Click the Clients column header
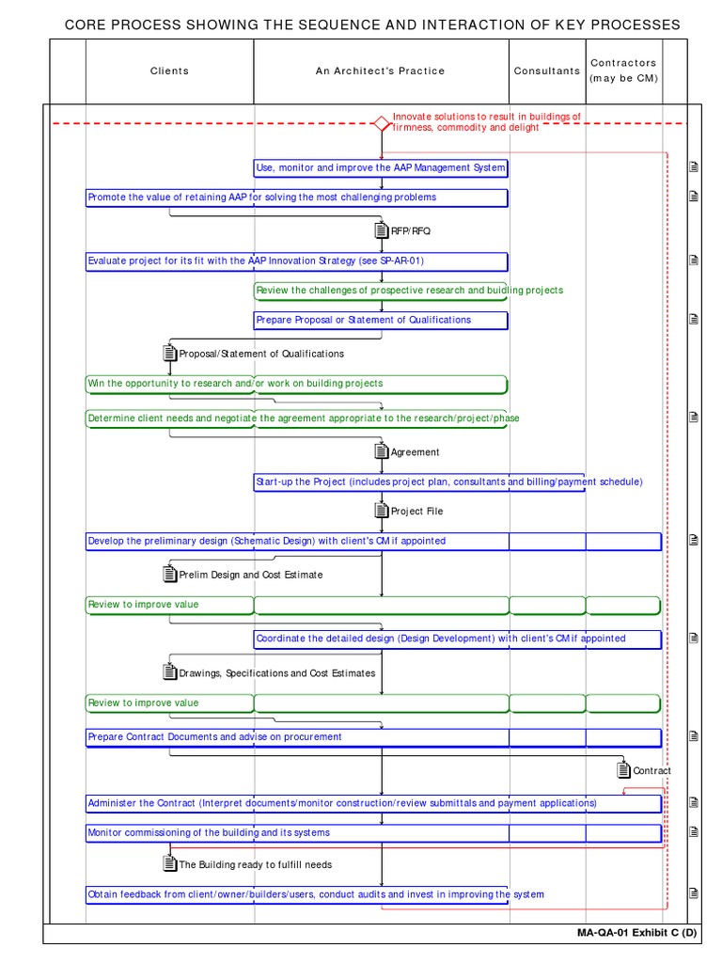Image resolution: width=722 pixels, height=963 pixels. click(x=169, y=71)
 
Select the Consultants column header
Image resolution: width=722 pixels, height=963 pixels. click(x=547, y=71)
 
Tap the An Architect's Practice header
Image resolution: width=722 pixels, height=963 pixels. click(x=381, y=71)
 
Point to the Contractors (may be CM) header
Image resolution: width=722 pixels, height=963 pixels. click(x=623, y=71)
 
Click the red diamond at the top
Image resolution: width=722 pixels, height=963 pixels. click(x=381, y=123)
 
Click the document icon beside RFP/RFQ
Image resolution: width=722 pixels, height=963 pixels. click(x=381, y=230)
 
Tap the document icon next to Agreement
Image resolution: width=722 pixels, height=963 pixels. click(x=381, y=451)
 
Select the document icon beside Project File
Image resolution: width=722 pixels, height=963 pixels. click(x=381, y=511)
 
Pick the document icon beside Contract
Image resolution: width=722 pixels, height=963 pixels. click(x=623, y=770)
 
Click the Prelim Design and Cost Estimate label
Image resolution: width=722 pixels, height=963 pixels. click(x=250, y=575)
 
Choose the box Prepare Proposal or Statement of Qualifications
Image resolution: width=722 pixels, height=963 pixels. click(x=381, y=320)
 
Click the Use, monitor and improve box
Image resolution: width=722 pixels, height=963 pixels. click(x=381, y=168)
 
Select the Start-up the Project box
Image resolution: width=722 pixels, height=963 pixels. click(x=419, y=482)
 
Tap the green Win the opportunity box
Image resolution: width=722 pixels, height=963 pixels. click(x=296, y=384)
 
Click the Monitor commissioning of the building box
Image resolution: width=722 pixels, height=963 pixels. click(x=373, y=833)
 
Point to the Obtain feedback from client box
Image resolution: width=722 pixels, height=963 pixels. click(x=296, y=894)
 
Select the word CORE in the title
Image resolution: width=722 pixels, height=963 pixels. click(x=84, y=24)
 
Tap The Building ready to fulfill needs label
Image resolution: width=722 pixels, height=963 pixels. click(x=255, y=864)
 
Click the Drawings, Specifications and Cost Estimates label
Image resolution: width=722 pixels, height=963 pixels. click(x=276, y=673)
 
